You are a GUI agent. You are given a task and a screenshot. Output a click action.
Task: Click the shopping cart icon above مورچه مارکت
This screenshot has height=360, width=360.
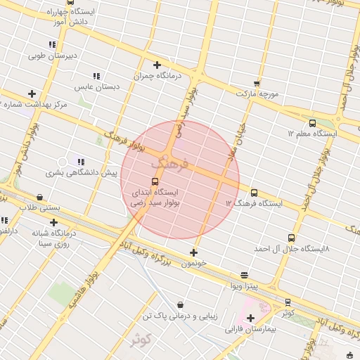coord(257,83)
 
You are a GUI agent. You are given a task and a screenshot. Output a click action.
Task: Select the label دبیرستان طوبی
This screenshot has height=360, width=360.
coord(53,54)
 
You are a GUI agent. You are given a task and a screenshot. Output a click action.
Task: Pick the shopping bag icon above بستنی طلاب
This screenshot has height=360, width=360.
coord(39,198)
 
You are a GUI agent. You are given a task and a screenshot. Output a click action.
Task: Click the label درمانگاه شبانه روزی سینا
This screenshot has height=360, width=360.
coord(53,238)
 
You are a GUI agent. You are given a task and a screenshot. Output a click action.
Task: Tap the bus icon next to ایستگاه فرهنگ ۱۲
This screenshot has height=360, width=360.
coord(254,193)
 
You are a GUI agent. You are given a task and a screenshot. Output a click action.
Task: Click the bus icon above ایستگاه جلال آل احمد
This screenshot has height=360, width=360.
coord(291,238)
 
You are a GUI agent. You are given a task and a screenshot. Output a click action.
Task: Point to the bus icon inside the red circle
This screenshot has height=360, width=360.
coord(155,181)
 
